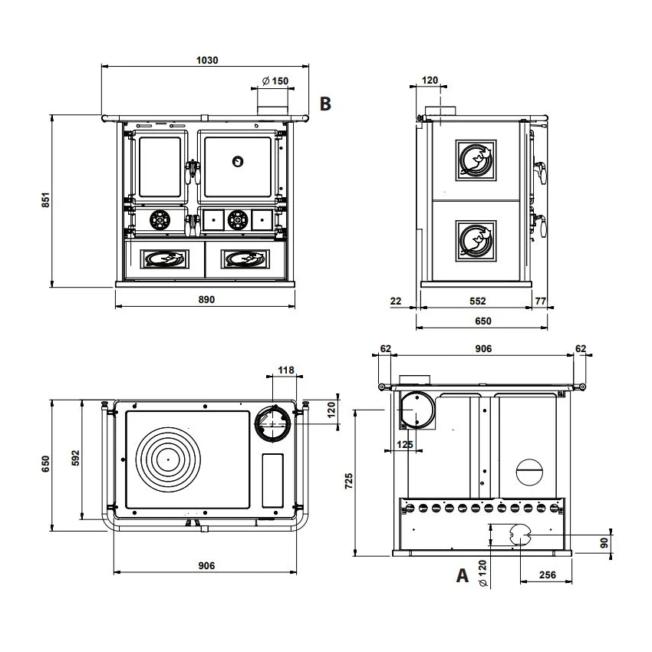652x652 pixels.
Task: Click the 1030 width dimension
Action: [208, 61]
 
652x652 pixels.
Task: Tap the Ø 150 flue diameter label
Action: [275, 81]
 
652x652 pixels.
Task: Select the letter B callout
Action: [325, 104]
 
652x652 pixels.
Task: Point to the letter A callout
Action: [462, 575]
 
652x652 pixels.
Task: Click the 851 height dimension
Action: [45, 201]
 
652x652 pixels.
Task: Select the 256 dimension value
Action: [547, 575]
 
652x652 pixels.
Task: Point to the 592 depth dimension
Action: [75, 458]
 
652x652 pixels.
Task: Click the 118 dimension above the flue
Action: [285, 370]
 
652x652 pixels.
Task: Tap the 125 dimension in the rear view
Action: [407, 444]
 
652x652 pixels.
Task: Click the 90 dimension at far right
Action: [604, 542]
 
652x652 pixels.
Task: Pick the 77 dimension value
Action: [540, 301]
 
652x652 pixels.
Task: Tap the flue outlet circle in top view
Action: [272, 423]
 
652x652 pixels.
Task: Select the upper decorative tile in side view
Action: [476, 160]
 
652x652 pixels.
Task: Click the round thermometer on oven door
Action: [238, 161]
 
